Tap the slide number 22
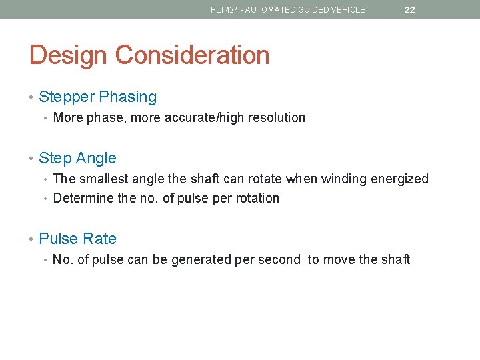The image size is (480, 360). (x=409, y=10)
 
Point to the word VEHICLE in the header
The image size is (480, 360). (x=348, y=10)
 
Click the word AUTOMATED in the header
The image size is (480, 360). (x=273, y=10)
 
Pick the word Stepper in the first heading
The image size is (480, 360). (x=67, y=97)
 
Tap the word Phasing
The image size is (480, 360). (x=128, y=97)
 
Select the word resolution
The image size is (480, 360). (x=276, y=118)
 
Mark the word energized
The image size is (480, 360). (x=401, y=179)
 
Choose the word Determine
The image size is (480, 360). (x=83, y=198)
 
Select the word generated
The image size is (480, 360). (x=201, y=259)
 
